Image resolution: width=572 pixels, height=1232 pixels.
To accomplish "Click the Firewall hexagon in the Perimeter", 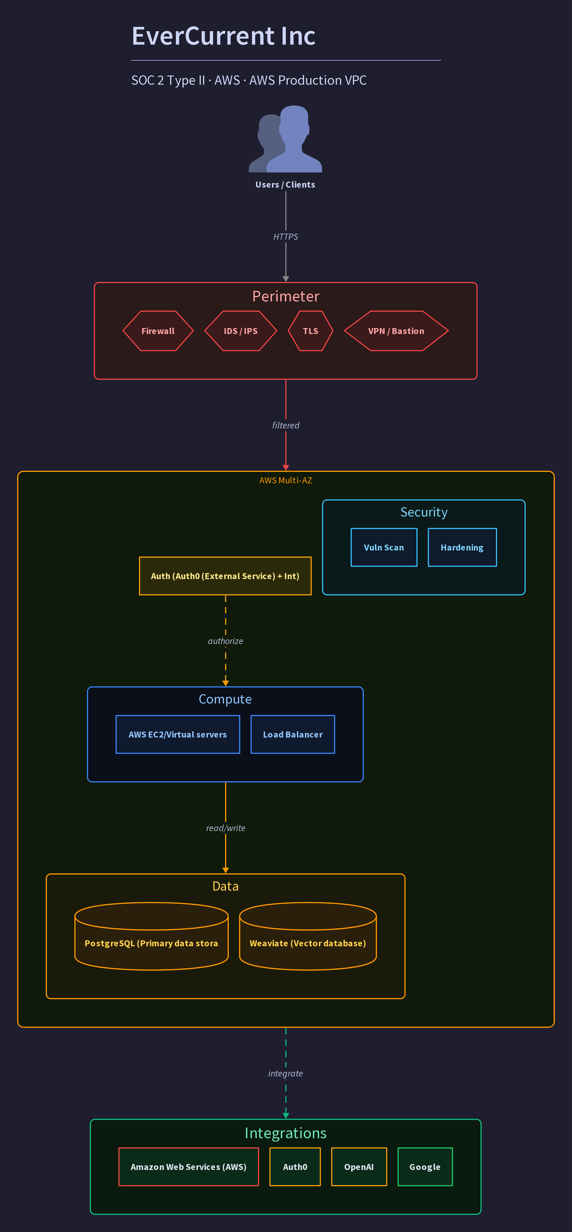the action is [158, 331].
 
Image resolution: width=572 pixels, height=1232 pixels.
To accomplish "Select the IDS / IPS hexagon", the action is [241, 331].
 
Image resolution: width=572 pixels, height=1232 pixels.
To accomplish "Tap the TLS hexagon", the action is [310, 331].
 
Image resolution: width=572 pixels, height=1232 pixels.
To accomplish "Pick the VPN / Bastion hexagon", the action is [396, 331].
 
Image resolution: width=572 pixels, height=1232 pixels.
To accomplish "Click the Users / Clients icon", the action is [285, 139].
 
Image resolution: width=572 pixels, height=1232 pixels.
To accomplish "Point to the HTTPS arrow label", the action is [285, 237].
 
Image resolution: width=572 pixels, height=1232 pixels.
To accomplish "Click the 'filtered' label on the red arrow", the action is [285, 425].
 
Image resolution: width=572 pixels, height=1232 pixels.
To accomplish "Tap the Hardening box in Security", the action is [462, 547].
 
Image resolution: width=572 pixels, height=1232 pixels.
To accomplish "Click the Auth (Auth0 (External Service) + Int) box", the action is [225, 576].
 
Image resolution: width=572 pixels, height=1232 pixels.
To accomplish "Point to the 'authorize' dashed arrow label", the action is [225, 641].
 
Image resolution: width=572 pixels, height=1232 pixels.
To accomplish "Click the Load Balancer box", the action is [293, 734].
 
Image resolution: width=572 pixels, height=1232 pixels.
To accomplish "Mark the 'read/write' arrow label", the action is [225, 828].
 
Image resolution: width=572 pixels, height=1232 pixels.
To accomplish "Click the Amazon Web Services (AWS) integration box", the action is [188, 1167].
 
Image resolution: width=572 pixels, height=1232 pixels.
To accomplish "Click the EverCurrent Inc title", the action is [223, 36].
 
